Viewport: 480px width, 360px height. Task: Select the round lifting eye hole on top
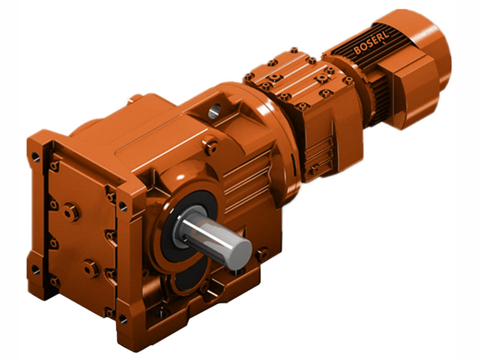click(x=215, y=110)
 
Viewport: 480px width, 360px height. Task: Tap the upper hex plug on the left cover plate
click(x=71, y=211)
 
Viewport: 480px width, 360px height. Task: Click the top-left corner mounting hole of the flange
click(x=36, y=158)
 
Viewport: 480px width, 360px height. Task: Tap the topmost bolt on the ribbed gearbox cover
click(x=293, y=52)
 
